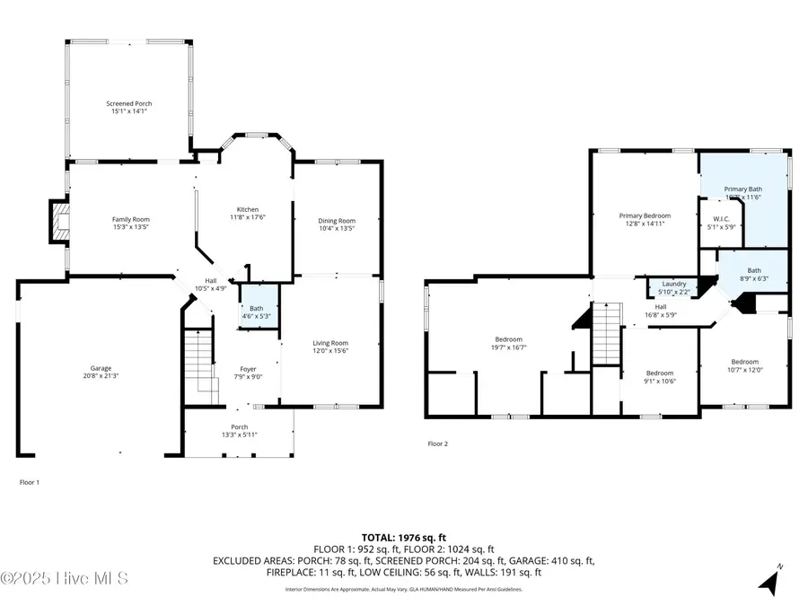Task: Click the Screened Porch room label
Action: point(130,104)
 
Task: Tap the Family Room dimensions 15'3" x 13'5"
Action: point(130,227)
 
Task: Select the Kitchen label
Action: point(247,209)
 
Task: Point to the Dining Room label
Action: point(338,221)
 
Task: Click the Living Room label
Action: point(329,343)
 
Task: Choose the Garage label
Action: point(100,368)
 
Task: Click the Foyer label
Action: point(248,369)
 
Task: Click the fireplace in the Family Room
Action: point(59,222)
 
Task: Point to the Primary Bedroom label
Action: point(645,215)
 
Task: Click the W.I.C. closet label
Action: point(720,219)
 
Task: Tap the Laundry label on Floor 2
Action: point(673,284)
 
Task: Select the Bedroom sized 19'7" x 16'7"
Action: point(509,340)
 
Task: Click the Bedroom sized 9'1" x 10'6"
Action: point(660,373)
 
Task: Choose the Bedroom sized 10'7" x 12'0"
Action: point(744,362)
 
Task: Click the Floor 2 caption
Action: point(437,444)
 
